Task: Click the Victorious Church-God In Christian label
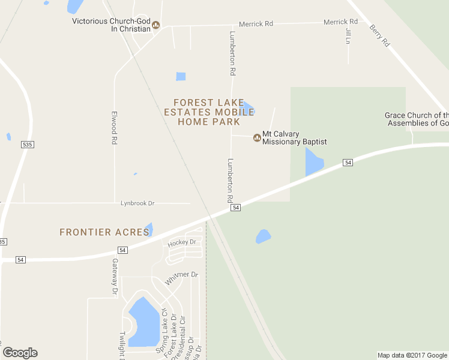pyautogui.click(x=111, y=25)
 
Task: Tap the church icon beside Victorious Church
pyautogui.click(x=156, y=25)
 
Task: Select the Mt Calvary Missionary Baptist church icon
pyautogui.click(x=257, y=138)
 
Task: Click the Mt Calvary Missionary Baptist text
pyautogui.click(x=294, y=138)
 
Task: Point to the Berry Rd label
pyautogui.click(x=380, y=35)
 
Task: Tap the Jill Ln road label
pyautogui.click(x=348, y=35)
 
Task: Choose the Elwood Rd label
pyautogui.click(x=113, y=127)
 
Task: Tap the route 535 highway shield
pyautogui.click(x=26, y=145)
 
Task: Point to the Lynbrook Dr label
pyautogui.click(x=137, y=203)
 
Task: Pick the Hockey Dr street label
pyautogui.click(x=182, y=242)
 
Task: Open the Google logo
pyautogui.click(x=20, y=353)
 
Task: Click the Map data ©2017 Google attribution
pyautogui.click(x=412, y=355)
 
